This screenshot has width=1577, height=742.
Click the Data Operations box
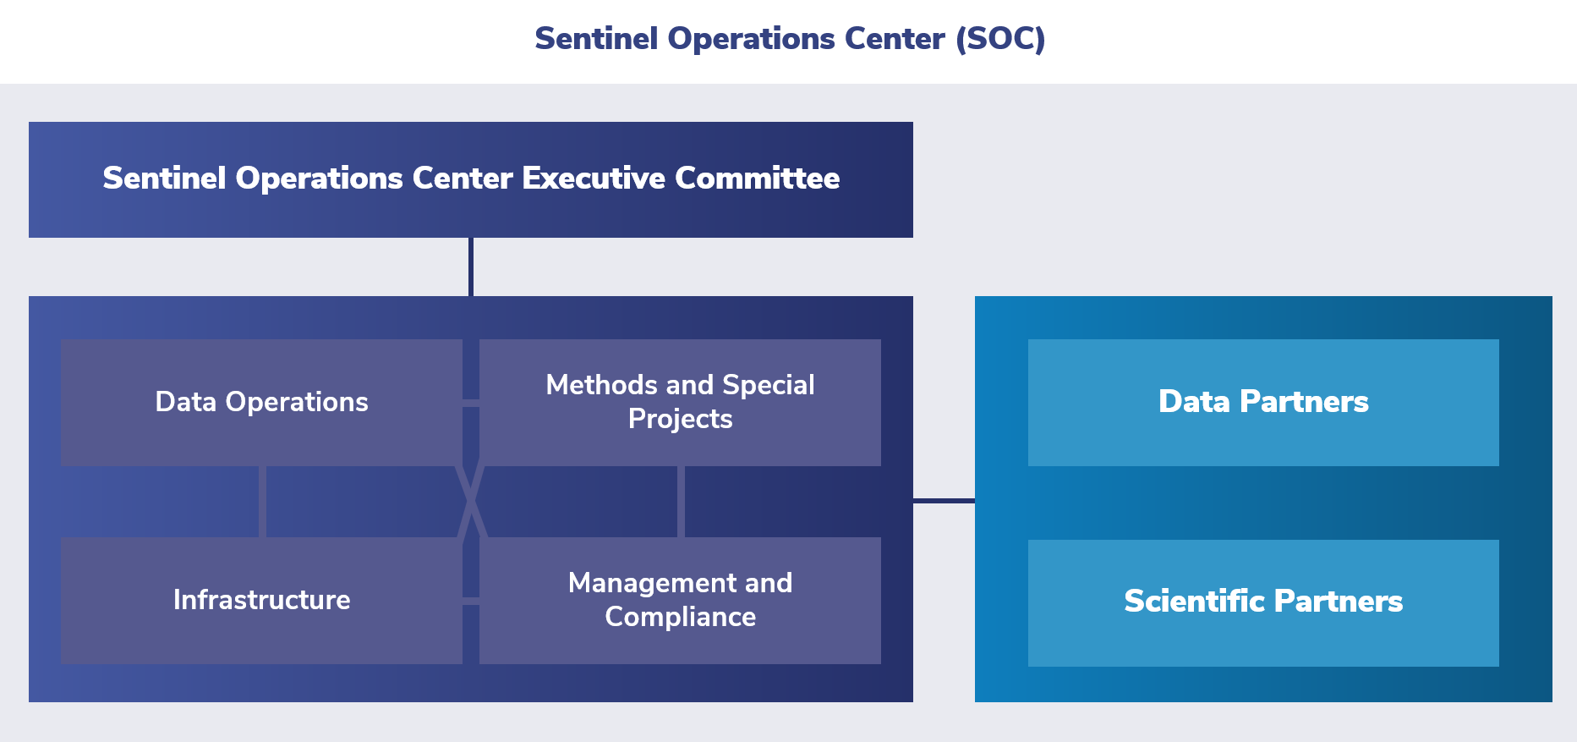(261, 402)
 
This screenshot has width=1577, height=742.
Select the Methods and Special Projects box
(680, 402)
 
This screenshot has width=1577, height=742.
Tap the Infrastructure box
(261, 600)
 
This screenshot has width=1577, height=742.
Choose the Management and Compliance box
(680, 600)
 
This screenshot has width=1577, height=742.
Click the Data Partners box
(1263, 402)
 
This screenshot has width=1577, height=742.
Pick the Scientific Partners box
(1263, 602)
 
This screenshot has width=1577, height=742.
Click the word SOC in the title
(1000, 39)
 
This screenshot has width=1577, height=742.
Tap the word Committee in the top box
(757, 179)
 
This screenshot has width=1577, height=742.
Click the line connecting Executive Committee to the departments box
(471, 267)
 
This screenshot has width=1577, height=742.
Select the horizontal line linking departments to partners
(944, 501)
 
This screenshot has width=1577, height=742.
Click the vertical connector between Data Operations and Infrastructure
(262, 502)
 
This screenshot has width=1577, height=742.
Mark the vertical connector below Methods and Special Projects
(681, 502)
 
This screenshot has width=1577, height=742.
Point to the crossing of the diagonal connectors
(471, 502)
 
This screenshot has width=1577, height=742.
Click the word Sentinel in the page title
(596, 39)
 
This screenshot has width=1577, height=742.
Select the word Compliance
(680, 617)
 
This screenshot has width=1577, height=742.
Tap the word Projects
(680, 419)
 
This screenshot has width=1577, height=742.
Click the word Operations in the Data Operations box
(297, 402)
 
